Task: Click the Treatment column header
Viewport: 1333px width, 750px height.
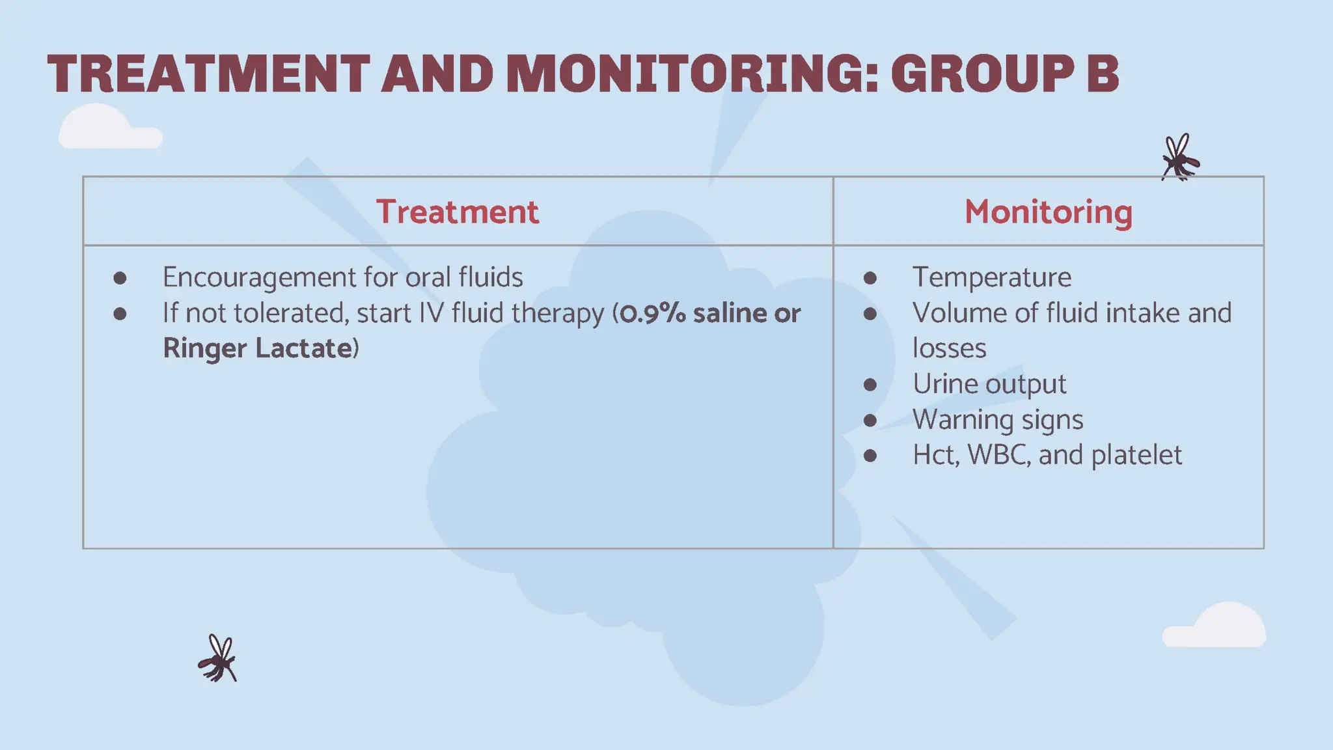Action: (458, 212)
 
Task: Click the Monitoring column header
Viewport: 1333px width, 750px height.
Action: (1048, 212)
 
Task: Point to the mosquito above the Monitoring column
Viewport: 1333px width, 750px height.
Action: (1179, 158)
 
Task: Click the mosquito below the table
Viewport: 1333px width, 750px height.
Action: (218, 659)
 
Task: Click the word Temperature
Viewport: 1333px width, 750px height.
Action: (991, 277)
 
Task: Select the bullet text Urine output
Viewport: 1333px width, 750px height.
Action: (989, 384)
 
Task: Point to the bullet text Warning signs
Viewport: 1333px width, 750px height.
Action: (997, 420)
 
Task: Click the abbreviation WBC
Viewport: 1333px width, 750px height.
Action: (996, 455)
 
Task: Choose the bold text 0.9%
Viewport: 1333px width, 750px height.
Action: (652, 313)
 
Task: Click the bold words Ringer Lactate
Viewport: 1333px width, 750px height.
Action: (258, 348)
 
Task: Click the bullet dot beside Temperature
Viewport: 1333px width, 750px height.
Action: (870, 279)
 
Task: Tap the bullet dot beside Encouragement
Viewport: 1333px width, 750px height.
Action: (120, 279)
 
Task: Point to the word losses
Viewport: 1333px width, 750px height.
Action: (949, 348)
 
